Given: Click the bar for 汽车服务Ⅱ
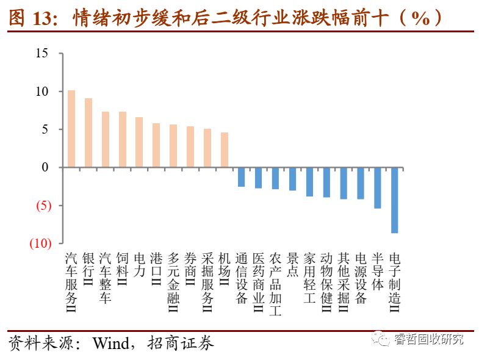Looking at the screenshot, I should click(x=71, y=129).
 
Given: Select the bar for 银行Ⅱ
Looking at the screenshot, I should click(x=88, y=132).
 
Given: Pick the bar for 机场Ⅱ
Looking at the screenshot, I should click(x=225, y=149).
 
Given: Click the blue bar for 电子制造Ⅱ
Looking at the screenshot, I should click(x=395, y=200).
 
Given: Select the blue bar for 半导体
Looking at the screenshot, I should click(x=378, y=188).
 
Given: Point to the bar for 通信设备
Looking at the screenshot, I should click(x=242, y=177).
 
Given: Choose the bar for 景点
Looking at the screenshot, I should click(x=293, y=179).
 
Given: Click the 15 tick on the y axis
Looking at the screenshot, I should click(x=41, y=53).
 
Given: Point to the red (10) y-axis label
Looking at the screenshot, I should click(x=39, y=243).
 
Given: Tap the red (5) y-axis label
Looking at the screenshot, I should click(x=42, y=206).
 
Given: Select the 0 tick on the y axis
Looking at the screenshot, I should click(x=45, y=167).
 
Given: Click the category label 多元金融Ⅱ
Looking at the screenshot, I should click(x=173, y=281).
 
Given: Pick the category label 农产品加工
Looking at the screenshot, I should click(x=275, y=284).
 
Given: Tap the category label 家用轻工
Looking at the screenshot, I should click(x=309, y=278).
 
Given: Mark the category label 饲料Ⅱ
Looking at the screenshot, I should click(x=122, y=269).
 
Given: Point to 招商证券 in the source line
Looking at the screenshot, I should click(x=181, y=344).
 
